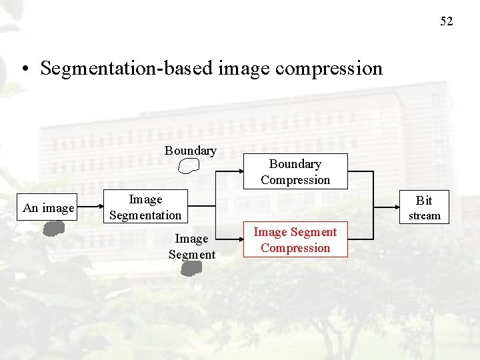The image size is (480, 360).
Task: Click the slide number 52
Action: (x=446, y=21)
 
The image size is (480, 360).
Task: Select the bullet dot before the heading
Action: (x=24, y=69)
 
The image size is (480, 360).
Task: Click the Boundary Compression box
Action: (x=295, y=172)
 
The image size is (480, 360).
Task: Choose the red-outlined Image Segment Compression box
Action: (x=295, y=240)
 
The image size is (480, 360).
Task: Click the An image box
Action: (x=49, y=208)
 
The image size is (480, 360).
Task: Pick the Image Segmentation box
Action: (x=145, y=207)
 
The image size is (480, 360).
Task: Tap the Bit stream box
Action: (x=424, y=207)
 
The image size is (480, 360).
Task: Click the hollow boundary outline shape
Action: (x=190, y=165)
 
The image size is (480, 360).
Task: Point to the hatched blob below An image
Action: (x=52, y=229)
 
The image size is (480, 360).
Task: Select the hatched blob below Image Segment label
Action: (x=191, y=268)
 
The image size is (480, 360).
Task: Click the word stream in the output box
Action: (x=424, y=216)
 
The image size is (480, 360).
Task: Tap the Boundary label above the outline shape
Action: (x=191, y=151)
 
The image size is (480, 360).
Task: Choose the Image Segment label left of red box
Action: (x=192, y=246)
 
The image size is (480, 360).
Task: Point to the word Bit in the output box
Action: (x=424, y=200)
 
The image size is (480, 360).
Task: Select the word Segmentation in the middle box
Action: (x=145, y=215)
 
